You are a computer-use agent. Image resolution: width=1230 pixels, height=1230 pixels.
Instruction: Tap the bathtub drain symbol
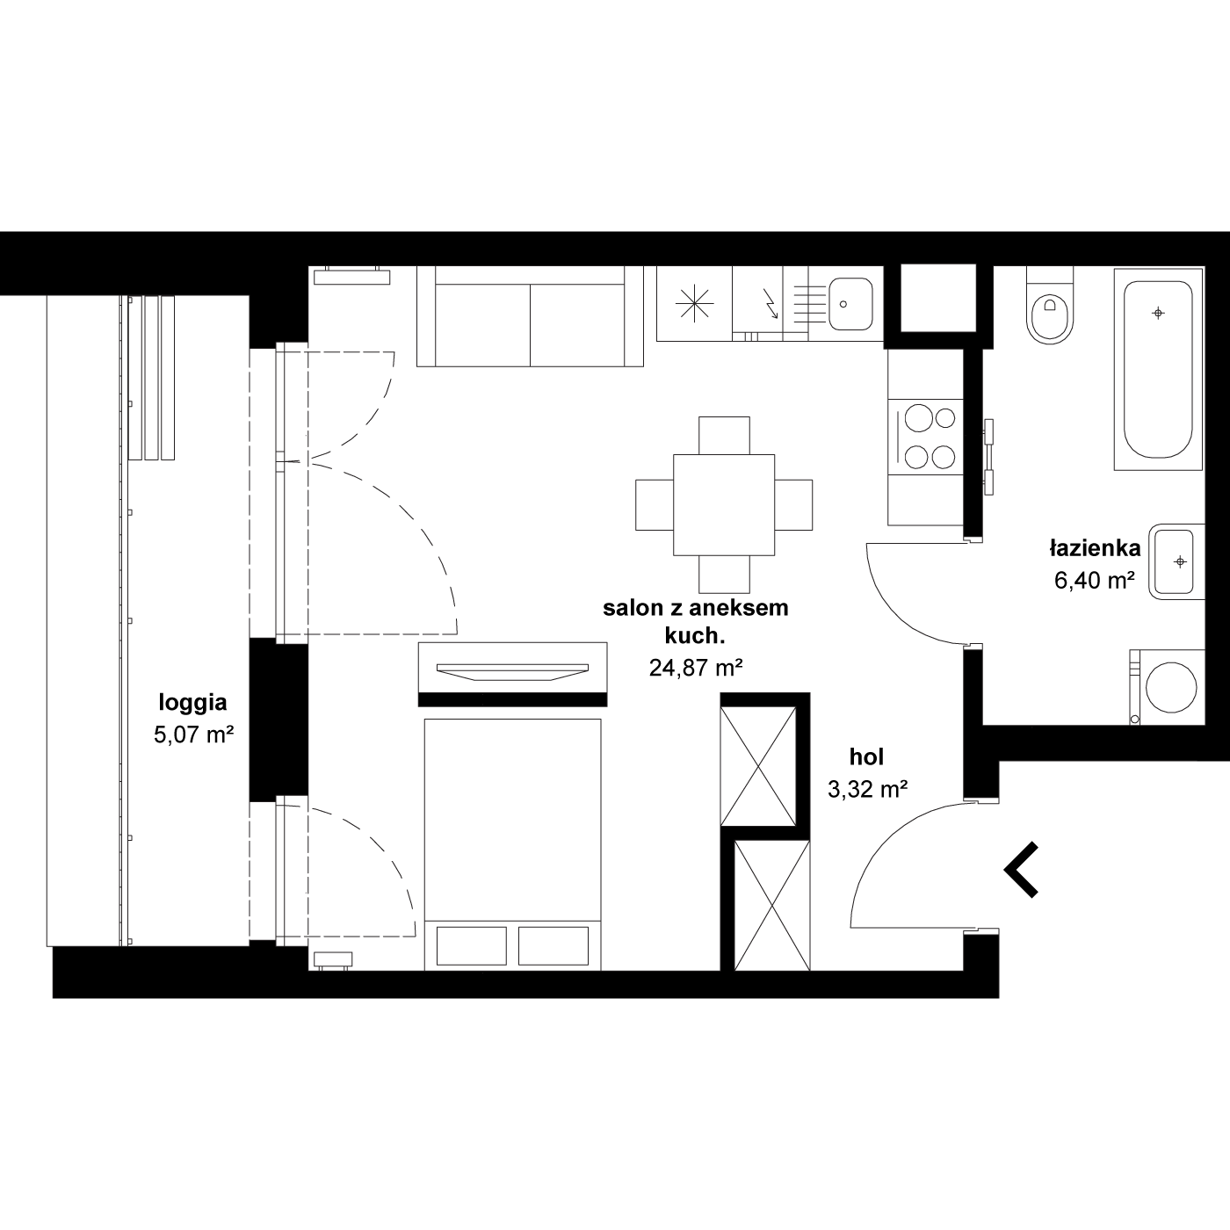click(x=1158, y=313)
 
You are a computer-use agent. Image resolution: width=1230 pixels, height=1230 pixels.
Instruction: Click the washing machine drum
click(x=1170, y=687)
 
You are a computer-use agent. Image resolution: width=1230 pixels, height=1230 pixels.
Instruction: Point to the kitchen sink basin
click(x=850, y=304)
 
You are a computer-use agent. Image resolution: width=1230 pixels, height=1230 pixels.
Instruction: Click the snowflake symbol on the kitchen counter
click(x=694, y=303)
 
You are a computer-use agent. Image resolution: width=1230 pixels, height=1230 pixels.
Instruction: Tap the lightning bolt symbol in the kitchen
click(x=771, y=304)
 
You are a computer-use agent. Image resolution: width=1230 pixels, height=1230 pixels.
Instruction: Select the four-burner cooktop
click(x=925, y=438)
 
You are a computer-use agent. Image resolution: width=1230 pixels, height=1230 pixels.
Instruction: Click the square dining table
click(x=724, y=505)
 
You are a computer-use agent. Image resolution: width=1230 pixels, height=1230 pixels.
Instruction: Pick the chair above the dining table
click(x=724, y=435)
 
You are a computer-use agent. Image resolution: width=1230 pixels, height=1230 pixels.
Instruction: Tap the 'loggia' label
click(x=192, y=702)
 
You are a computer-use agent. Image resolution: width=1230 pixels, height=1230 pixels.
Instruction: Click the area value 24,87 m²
click(x=696, y=668)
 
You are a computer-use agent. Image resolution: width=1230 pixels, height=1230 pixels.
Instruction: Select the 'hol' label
click(x=866, y=757)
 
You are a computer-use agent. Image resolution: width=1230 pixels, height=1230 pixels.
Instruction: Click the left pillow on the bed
click(x=472, y=946)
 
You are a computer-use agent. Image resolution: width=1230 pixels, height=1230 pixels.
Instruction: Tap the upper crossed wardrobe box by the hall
click(x=758, y=766)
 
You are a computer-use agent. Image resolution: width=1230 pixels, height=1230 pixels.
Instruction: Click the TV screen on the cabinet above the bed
click(x=512, y=672)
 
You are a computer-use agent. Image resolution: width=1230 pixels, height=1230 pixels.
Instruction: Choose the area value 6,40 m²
click(x=1095, y=580)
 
